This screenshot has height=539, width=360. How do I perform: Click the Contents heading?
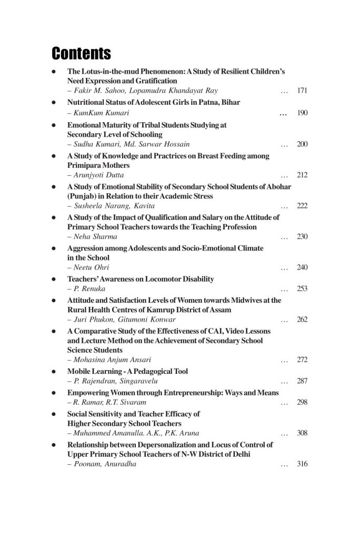[x=81, y=53]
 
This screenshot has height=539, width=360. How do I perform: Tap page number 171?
[x=302, y=91]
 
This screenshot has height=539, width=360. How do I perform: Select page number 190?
[x=302, y=113]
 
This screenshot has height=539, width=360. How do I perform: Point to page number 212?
[x=302, y=175]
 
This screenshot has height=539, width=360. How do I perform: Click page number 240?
[x=302, y=267]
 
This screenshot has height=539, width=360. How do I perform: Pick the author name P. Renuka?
[x=89, y=289]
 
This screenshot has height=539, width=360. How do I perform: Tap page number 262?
[x=302, y=320]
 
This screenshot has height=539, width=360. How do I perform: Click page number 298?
[x=302, y=402]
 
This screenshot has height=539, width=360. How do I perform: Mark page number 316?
[x=302, y=464]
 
